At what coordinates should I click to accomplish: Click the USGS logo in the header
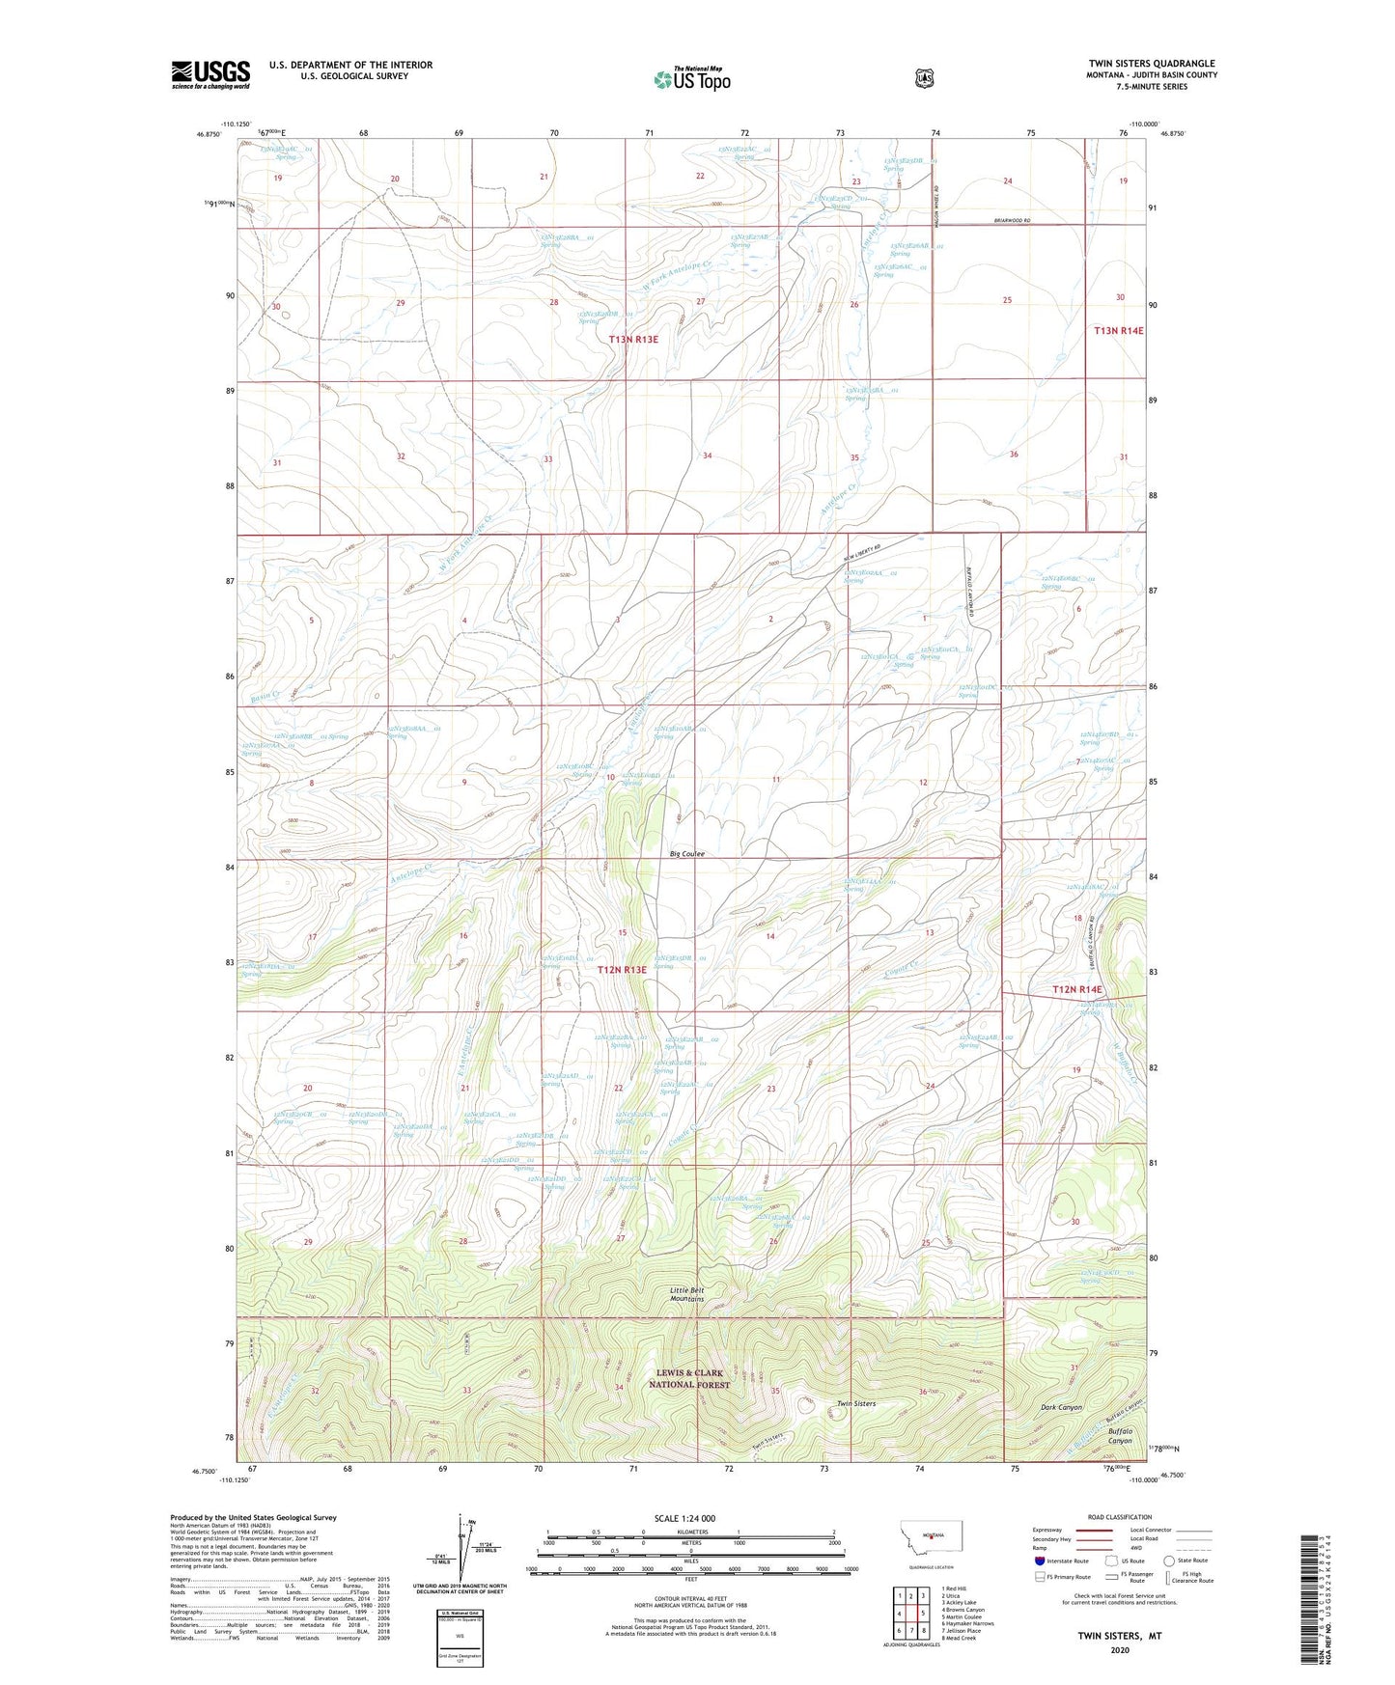point(210,74)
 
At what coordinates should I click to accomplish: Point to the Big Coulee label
point(687,854)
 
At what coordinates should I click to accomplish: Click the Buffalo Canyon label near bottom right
point(1119,1435)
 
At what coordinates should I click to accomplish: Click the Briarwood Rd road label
point(1011,222)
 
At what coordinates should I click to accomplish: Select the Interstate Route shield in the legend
point(1039,1561)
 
